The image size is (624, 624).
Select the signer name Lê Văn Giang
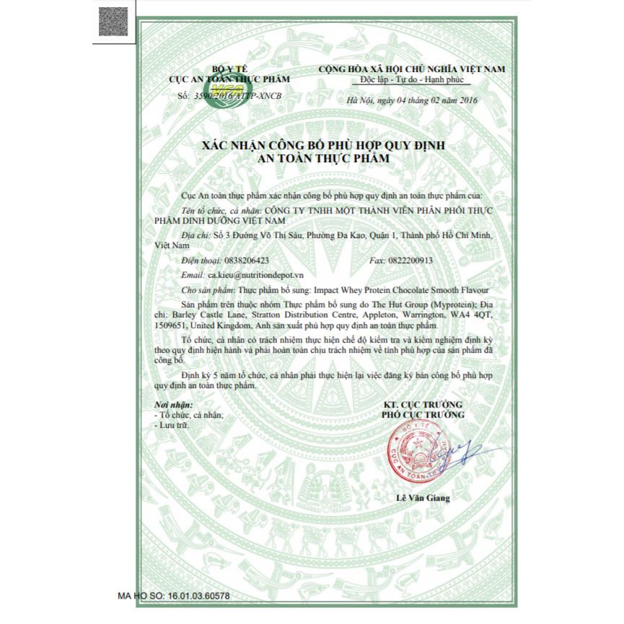coord(423,498)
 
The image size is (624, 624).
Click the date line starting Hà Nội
coord(413,101)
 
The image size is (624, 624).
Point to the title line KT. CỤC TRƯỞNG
coord(422,404)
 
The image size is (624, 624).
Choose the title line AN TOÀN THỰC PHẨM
coord(322,157)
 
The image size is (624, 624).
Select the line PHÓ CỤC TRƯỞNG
coord(422,415)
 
